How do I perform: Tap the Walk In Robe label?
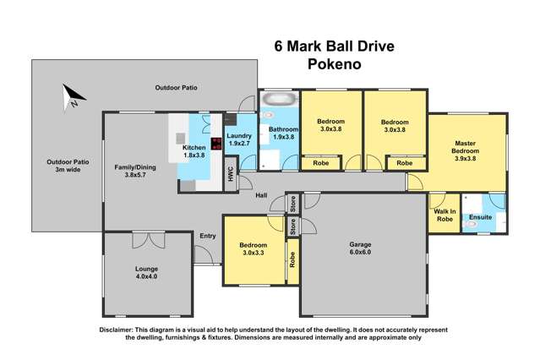(445, 215)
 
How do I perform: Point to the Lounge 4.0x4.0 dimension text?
(146, 276)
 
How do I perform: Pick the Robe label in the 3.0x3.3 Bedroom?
(292, 262)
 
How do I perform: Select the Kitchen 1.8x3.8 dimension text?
(195, 155)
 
